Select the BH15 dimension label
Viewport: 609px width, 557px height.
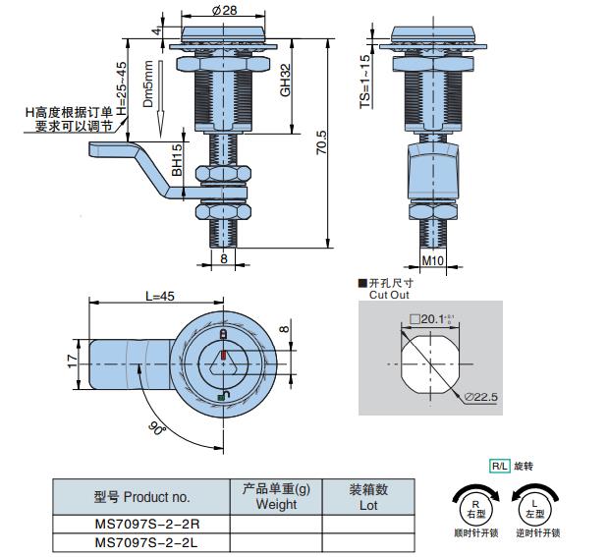click(178, 161)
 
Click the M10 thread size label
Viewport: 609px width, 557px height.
click(433, 260)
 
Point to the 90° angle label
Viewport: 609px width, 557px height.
click(156, 429)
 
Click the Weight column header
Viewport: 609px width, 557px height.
click(275, 497)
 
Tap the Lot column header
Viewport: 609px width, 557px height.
click(368, 497)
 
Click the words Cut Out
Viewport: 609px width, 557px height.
click(388, 294)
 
